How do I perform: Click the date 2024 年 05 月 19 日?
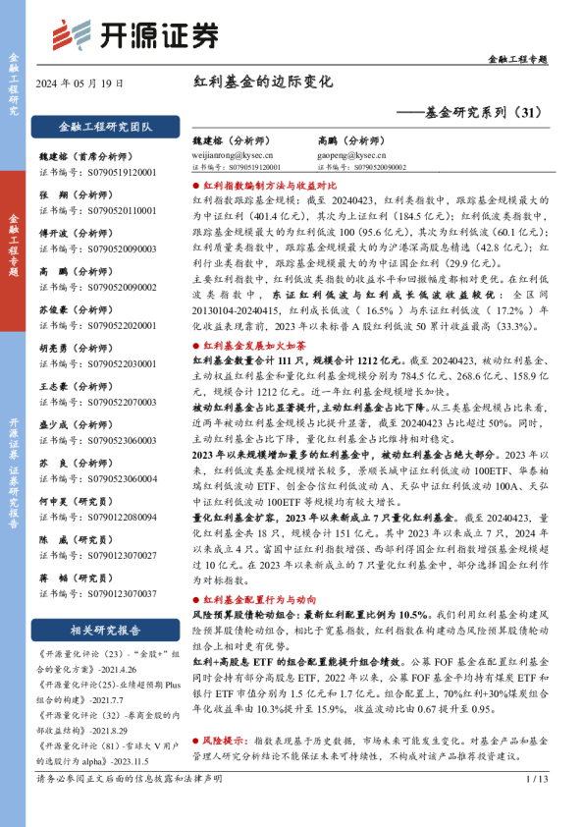tap(80, 83)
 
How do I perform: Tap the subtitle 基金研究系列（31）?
tap(470, 113)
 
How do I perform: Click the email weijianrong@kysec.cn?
tap(233, 155)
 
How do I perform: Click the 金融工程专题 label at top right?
tap(517, 61)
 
